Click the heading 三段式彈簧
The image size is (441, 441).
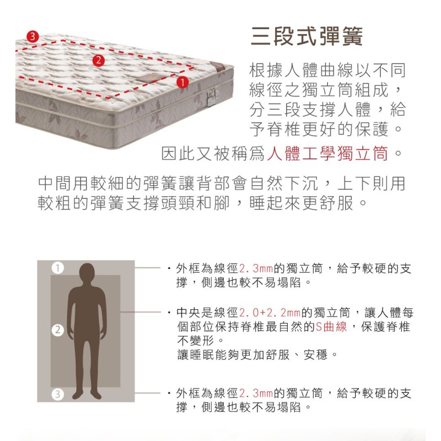point(306,36)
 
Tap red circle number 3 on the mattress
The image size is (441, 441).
point(33,36)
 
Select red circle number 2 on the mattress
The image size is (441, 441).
point(99,61)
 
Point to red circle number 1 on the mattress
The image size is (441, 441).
point(182,82)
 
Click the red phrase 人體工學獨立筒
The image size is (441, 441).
point(327,154)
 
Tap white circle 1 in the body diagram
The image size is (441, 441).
point(57,268)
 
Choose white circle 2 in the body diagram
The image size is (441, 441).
point(57,330)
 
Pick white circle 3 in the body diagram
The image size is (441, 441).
point(57,394)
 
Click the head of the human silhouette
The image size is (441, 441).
point(87,273)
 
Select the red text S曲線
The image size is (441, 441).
point(331,327)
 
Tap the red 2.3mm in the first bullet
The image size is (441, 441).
point(256,268)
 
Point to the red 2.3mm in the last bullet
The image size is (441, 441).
point(256,393)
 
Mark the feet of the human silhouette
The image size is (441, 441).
point(87,395)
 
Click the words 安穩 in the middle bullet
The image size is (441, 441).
point(315,354)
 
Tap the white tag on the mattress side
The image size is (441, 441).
point(212,97)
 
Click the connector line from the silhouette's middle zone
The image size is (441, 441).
point(141,312)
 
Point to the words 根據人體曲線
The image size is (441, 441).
point(301,71)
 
